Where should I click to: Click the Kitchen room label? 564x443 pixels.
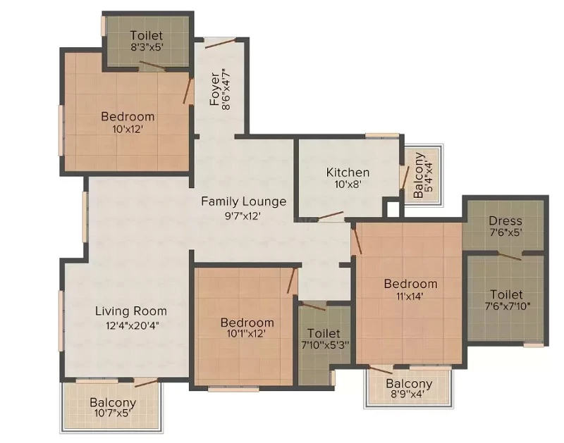tap(348, 173)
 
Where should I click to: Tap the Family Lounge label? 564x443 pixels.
tap(243, 201)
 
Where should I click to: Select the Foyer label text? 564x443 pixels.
tap(215, 89)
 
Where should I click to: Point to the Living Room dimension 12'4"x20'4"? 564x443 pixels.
tap(133, 325)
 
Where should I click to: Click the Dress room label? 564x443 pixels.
tap(505, 220)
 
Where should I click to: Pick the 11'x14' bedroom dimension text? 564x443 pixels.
tap(410, 297)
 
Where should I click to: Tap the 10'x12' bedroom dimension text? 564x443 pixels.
tap(128, 129)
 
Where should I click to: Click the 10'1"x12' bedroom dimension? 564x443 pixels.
tap(246, 333)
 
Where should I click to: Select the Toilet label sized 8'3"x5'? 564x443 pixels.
tap(147, 35)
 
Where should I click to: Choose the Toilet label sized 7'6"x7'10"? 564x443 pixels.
tap(506, 294)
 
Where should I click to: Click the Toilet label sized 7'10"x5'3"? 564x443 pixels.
tap(324, 333)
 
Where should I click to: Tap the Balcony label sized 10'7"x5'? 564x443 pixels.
tap(113, 402)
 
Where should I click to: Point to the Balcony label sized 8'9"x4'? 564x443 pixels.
tap(409, 383)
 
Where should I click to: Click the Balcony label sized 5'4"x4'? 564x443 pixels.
tap(418, 175)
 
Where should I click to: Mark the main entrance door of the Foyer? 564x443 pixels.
tap(221, 43)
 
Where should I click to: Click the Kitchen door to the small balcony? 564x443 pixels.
tap(405, 177)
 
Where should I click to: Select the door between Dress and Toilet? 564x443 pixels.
tap(510, 256)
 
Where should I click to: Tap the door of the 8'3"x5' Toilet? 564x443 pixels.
tap(152, 65)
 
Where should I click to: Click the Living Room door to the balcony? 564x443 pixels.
tap(146, 382)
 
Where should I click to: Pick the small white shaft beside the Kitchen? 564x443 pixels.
tap(393, 209)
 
